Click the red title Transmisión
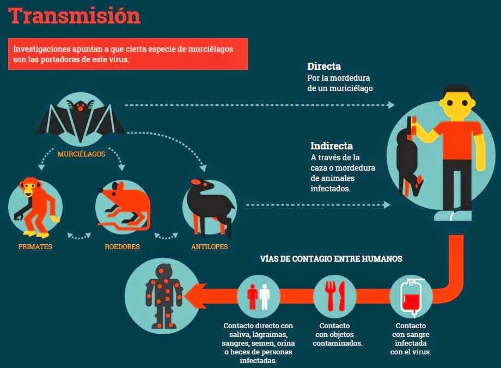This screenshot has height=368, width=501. click(75, 16)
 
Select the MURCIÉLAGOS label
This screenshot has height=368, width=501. click(81, 154)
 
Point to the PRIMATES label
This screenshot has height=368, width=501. click(35, 247)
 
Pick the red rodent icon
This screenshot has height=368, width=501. click(123, 208)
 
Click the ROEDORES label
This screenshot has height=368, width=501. click(123, 247)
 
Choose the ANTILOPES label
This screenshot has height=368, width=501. click(209, 247)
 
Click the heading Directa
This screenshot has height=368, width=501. click(324, 67)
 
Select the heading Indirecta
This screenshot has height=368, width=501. click(332, 146)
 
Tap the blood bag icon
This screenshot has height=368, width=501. click(412, 297)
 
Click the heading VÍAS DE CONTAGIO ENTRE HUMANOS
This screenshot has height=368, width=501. click(331, 259)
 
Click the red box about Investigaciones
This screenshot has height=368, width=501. click(127, 54)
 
